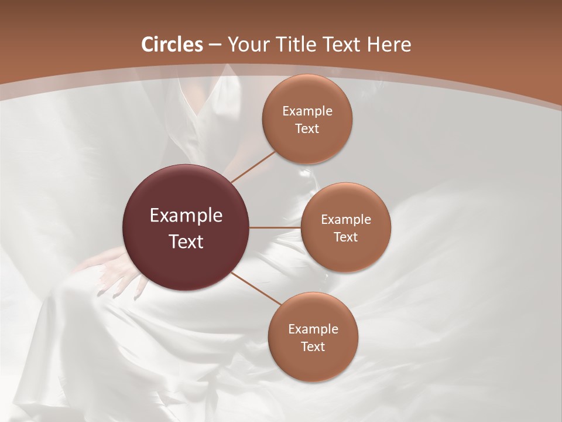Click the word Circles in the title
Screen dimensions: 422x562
(x=172, y=45)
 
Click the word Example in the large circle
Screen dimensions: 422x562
(x=186, y=216)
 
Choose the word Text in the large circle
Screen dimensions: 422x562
(x=186, y=241)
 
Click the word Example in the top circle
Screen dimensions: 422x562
(x=307, y=111)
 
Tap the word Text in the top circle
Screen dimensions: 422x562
(x=307, y=128)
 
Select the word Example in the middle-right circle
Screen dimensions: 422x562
(x=346, y=219)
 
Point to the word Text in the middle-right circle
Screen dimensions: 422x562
(x=346, y=237)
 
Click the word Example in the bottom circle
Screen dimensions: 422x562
(x=313, y=329)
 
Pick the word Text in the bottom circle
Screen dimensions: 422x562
(x=313, y=346)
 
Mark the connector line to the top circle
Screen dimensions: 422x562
(x=253, y=167)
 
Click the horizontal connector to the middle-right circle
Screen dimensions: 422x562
(x=275, y=227)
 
